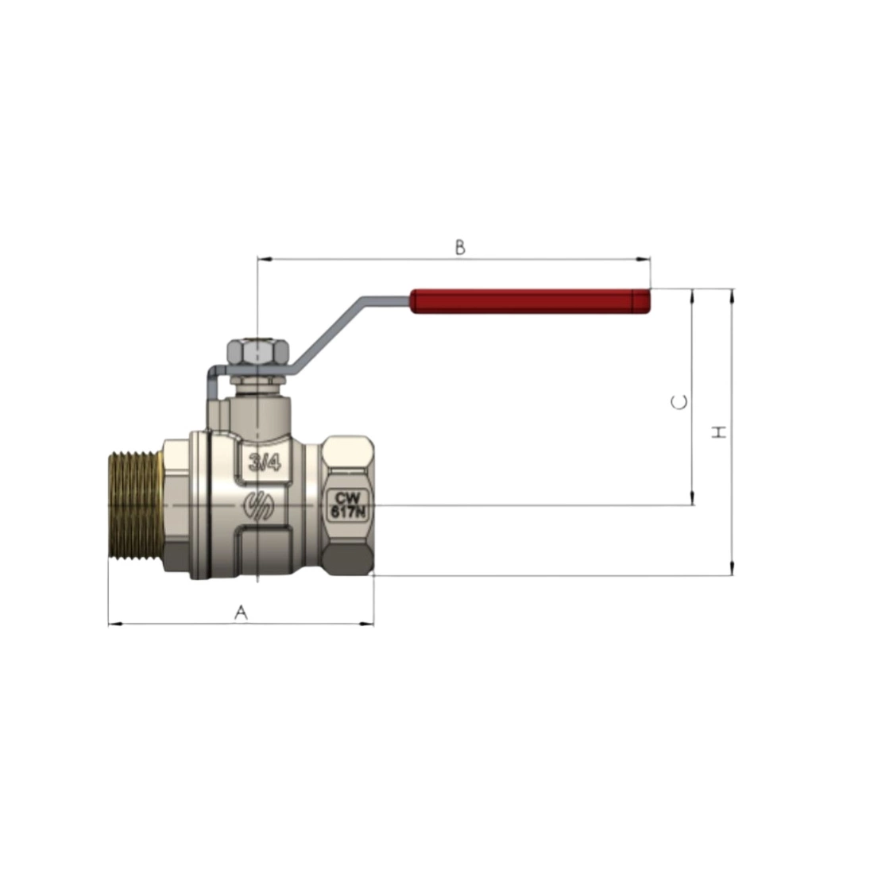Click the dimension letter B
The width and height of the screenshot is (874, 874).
tap(460, 247)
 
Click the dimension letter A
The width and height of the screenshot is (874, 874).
tap(240, 613)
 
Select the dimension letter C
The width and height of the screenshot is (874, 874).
tap(679, 402)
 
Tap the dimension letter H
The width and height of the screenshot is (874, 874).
tap(720, 431)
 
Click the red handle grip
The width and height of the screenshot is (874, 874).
tap(531, 301)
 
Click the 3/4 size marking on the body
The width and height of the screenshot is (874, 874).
tap(265, 462)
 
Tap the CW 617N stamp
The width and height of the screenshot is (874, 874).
tap(346, 505)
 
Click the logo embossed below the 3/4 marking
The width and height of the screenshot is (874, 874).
tap(259, 506)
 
